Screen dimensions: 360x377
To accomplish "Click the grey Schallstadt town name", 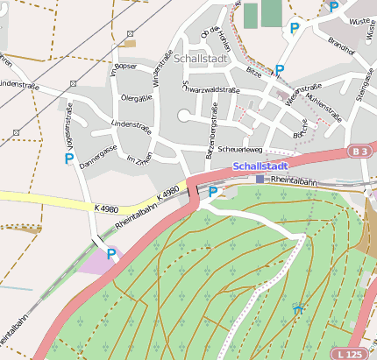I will [203, 58].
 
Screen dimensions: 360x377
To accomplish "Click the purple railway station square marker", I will [260, 179].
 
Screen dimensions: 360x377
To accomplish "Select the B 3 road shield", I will [358, 152].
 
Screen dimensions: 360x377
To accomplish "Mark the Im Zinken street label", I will [139, 159].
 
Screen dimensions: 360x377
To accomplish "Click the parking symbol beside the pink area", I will [111, 254].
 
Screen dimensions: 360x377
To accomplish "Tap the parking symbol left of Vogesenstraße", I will [68, 159].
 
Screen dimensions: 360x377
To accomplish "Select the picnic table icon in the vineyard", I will [299, 308].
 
